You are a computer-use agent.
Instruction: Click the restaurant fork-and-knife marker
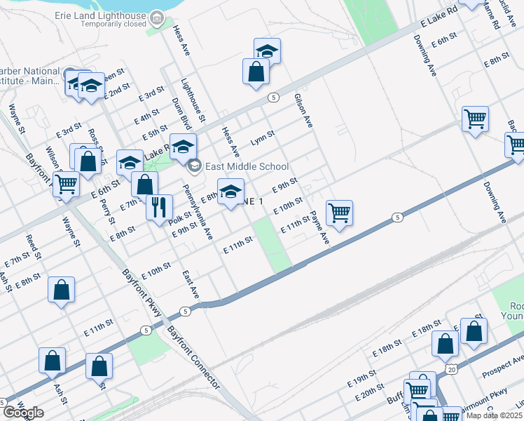tap(160, 207)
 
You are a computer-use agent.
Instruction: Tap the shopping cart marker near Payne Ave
tap(339, 213)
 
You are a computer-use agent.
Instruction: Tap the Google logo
tap(23, 412)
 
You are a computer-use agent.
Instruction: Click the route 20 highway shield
tap(452, 368)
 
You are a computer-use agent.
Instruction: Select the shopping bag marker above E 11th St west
tap(62, 290)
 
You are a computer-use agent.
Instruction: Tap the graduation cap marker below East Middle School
tap(230, 192)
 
